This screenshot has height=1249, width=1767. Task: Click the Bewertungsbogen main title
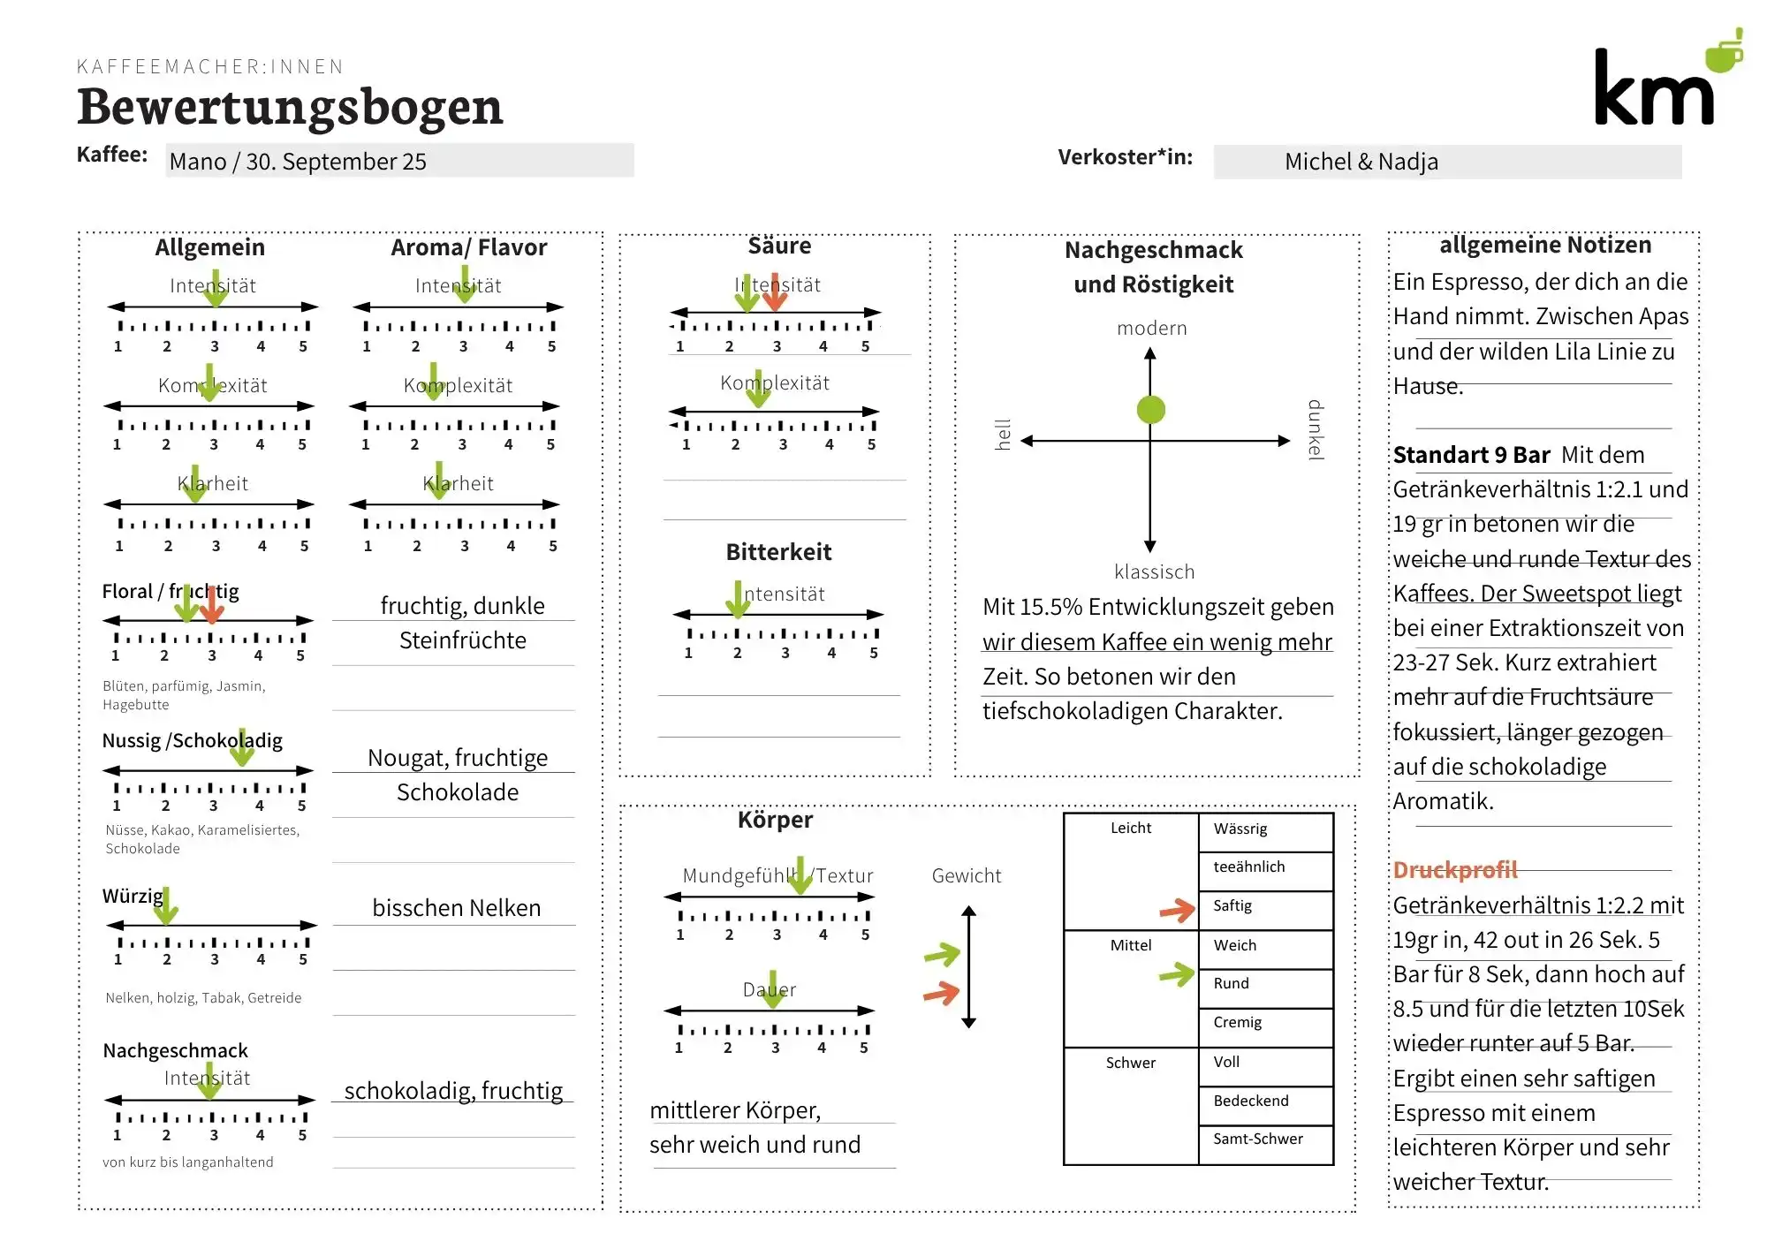click(x=290, y=107)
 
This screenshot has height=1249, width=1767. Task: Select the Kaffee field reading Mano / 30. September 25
click(x=399, y=161)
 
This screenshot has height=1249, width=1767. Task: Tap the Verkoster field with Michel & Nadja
click(x=1447, y=162)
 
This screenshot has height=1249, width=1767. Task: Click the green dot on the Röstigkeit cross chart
click(x=1150, y=410)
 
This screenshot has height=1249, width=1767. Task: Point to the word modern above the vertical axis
click(x=1151, y=329)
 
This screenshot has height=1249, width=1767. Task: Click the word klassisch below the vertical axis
click(x=1154, y=572)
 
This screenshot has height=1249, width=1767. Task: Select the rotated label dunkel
click(x=1316, y=430)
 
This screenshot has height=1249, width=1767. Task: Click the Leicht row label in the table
click(x=1130, y=829)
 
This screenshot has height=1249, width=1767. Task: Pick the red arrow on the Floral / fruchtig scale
click(x=212, y=605)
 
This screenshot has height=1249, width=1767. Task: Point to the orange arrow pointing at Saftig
click(x=1177, y=910)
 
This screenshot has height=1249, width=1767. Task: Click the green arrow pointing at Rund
click(x=1177, y=974)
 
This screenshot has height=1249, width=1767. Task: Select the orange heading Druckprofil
click(x=1454, y=870)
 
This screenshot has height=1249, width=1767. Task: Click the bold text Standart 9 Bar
click(x=1471, y=455)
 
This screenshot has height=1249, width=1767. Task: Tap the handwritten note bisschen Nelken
click(x=456, y=908)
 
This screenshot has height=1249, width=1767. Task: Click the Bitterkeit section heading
click(x=778, y=552)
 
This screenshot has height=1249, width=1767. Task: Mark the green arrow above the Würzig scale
click(x=166, y=906)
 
